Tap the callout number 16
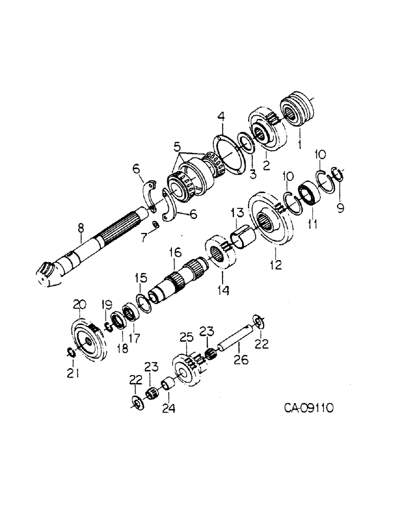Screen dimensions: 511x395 point(175,252)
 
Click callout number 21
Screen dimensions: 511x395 point(73,374)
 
